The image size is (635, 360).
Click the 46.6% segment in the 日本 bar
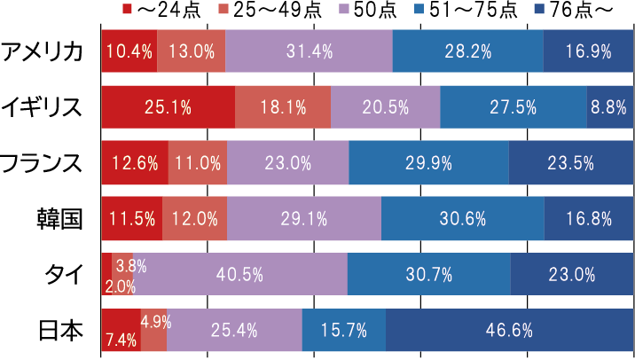point(509,331)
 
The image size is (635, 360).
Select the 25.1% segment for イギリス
point(169,107)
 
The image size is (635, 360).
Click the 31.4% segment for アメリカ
point(309,51)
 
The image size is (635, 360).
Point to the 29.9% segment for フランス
point(428,163)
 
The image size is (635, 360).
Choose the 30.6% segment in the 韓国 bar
point(462,219)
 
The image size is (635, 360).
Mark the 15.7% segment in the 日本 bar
point(344,331)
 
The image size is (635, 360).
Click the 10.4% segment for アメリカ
point(129,51)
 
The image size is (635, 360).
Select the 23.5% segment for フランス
point(571,163)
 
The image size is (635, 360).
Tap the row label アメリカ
point(43,51)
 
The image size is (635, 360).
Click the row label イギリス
point(43,107)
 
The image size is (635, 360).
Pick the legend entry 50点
point(350,11)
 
